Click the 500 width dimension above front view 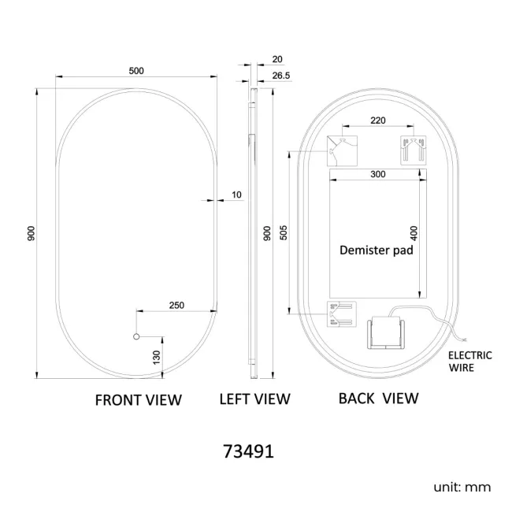click(x=136, y=71)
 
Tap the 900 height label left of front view click(x=32, y=233)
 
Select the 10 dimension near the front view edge click(x=236, y=195)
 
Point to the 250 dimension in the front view click(x=176, y=306)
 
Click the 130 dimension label click(x=157, y=358)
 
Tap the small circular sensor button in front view click(x=136, y=336)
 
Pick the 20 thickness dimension click(x=277, y=59)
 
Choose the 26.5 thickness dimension click(x=281, y=76)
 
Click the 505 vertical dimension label click(x=284, y=232)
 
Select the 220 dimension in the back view click(x=378, y=121)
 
